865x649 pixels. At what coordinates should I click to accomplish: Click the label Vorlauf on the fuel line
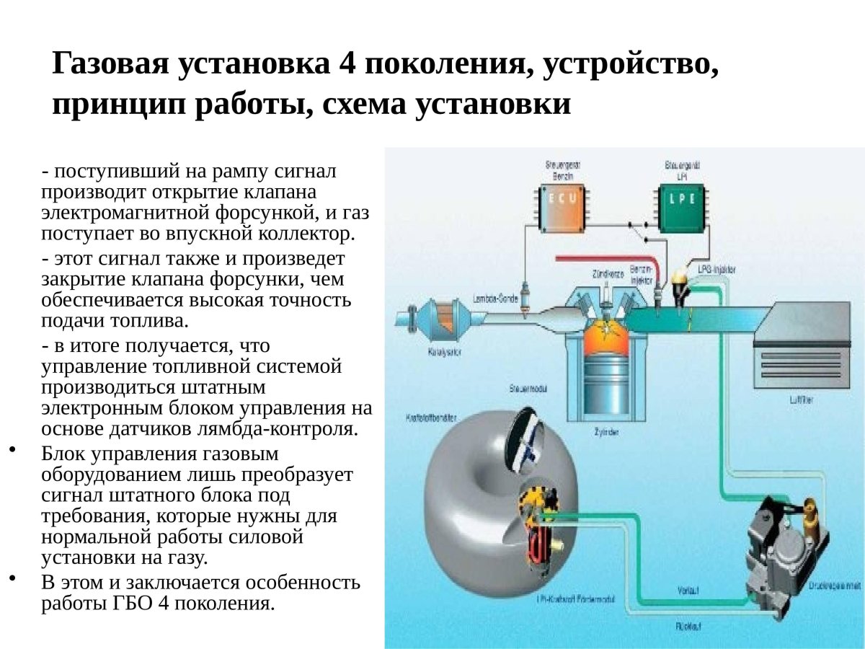pos(686,590)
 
